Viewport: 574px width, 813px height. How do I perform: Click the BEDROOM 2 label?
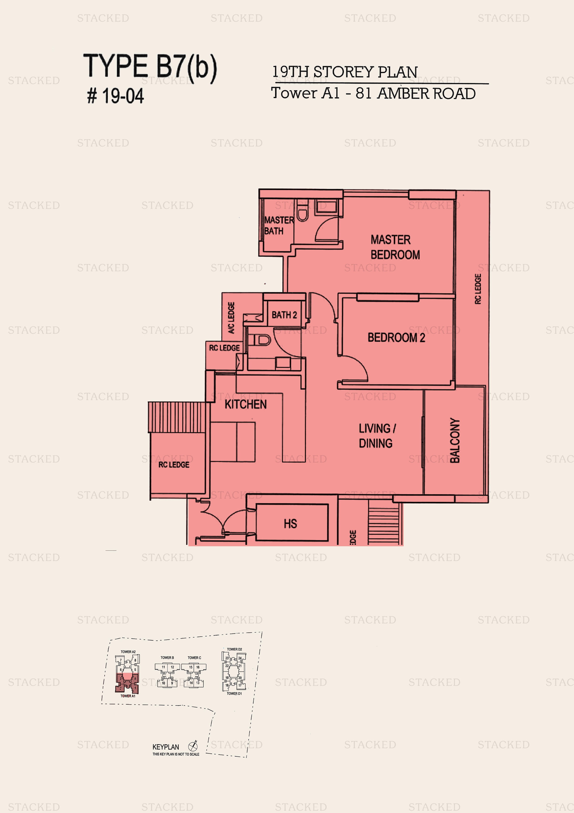point(396,337)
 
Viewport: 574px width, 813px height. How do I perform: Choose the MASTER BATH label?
point(278,225)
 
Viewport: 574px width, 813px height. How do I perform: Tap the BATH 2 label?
point(284,315)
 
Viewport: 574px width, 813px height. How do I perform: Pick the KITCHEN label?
point(245,404)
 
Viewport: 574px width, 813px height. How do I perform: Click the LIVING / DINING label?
point(377,435)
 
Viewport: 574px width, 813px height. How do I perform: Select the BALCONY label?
point(455,440)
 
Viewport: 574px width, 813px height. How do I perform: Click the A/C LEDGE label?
point(231,318)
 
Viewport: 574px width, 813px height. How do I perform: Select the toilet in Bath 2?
point(262,340)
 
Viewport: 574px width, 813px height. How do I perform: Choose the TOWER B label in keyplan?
point(167,657)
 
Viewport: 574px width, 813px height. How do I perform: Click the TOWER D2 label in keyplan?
point(234,649)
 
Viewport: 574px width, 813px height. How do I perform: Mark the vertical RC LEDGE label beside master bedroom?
point(478,289)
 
